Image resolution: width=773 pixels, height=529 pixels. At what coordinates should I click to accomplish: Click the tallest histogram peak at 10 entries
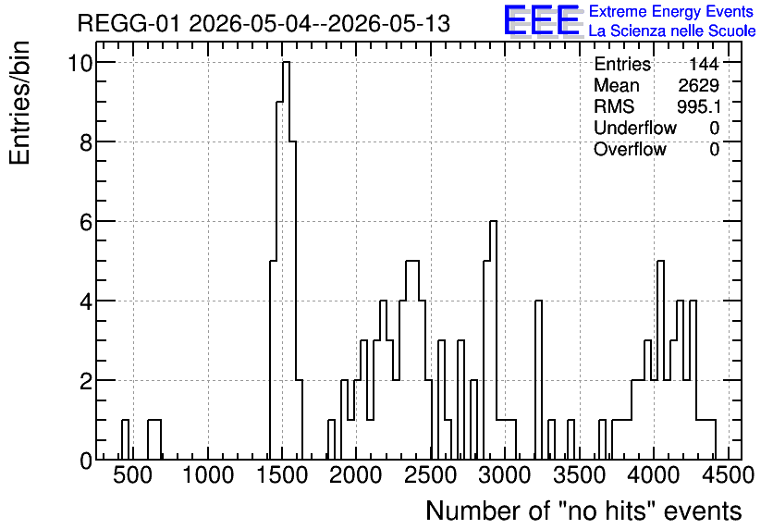point(286,62)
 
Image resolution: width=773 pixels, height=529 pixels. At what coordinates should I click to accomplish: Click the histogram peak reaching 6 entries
point(493,221)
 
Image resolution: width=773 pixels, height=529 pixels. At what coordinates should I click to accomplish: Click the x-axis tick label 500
point(133,475)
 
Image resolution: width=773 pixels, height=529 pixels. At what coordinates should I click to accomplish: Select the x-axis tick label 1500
point(282,475)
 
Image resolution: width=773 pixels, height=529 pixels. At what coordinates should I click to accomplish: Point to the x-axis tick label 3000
point(505,475)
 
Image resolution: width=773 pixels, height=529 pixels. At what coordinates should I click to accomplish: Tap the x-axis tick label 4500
point(728,475)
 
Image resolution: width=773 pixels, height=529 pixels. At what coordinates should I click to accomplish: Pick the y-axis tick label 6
point(87,222)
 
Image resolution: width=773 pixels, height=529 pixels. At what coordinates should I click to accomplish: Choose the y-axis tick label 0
point(87,461)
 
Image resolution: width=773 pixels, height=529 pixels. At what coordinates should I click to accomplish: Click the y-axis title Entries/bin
point(20,103)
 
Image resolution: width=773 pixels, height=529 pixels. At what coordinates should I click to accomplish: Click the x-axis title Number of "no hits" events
point(583,511)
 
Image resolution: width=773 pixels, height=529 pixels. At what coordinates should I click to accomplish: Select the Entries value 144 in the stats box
point(704,64)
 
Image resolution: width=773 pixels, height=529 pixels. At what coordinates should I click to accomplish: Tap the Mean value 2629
point(698,85)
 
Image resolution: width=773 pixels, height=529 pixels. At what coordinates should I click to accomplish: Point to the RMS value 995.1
point(698,106)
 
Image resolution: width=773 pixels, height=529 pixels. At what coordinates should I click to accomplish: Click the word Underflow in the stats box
point(635,128)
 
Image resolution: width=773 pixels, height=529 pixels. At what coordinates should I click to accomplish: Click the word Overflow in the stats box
point(630,149)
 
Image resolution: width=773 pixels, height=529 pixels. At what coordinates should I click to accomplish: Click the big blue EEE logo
point(542,20)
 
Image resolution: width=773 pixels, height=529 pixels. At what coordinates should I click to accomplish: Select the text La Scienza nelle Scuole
point(672,31)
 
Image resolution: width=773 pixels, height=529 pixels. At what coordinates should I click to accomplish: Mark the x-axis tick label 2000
point(356,475)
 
